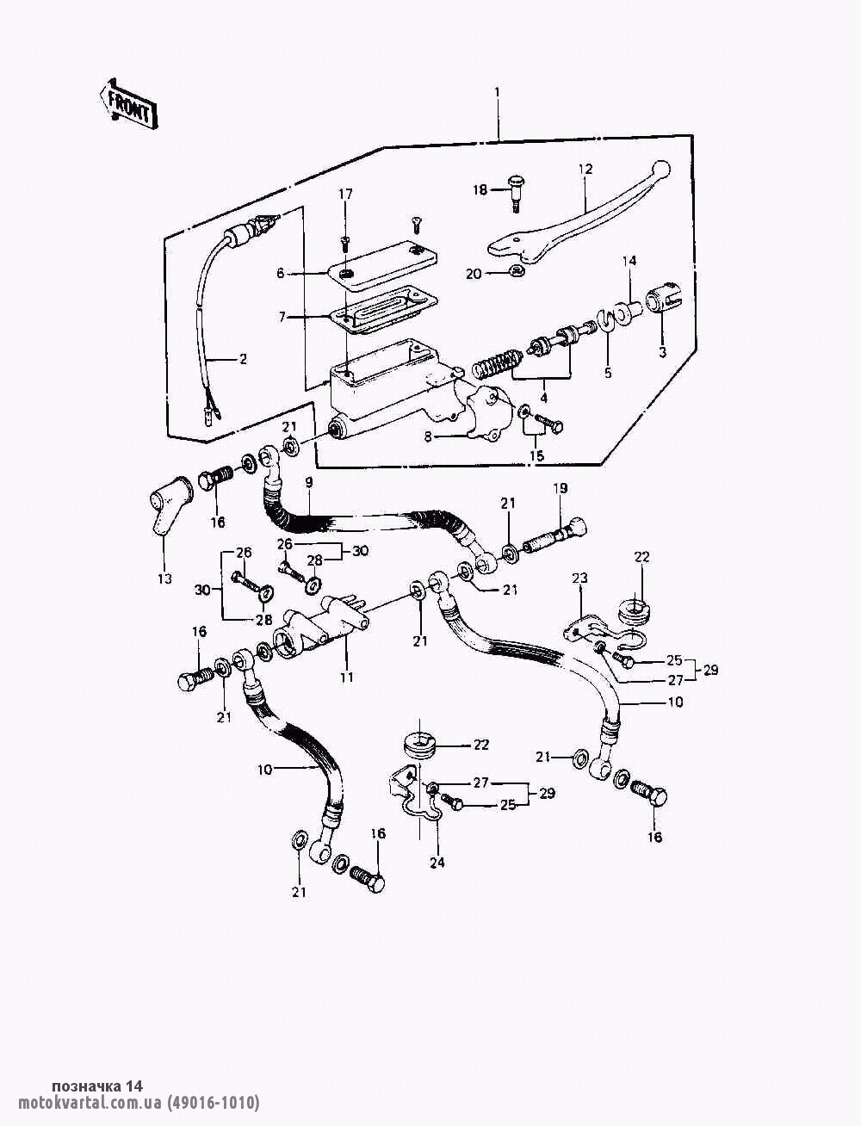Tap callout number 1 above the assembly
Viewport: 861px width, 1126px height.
497,91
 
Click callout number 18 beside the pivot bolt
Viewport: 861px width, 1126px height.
480,189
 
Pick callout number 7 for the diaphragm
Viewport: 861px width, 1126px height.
281,318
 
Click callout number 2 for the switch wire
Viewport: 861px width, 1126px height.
243,359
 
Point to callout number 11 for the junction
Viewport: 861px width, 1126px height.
346,677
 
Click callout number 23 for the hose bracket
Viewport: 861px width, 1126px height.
579,578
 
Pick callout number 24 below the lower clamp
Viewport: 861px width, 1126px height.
437,863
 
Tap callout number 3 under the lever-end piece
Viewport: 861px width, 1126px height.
663,352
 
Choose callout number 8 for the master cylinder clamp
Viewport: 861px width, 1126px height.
427,436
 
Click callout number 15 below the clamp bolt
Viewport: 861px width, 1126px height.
536,456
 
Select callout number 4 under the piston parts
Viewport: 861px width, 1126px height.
542,399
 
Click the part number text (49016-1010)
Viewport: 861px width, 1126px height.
213,1104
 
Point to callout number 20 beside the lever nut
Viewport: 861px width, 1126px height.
474,274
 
